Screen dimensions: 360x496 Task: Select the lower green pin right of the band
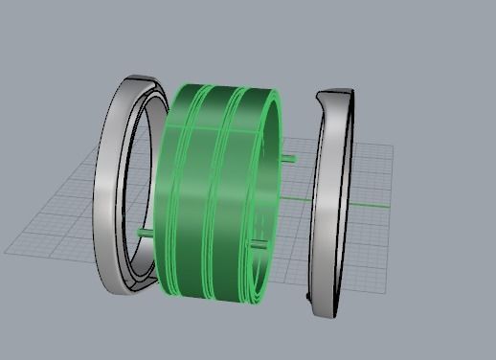(258, 246)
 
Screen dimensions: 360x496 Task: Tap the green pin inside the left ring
(145, 232)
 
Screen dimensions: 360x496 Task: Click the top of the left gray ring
(134, 80)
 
